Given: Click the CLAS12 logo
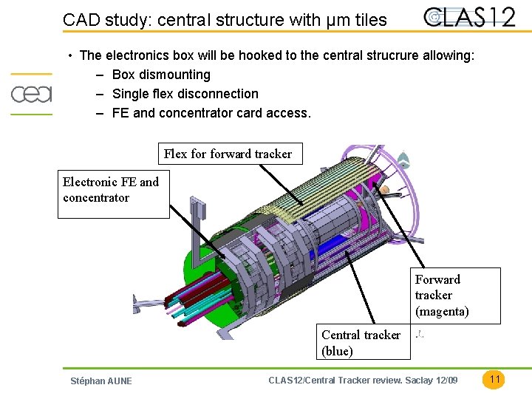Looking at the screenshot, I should click(x=470, y=17).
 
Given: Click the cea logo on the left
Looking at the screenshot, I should click(x=31, y=94).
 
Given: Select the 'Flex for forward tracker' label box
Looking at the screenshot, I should click(x=228, y=154).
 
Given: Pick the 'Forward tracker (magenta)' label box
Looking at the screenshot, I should click(x=456, y=296).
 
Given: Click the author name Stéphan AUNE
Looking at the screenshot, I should click(x=100, y=381).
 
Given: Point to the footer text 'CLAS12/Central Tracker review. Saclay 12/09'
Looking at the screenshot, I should click(x=363, y=380).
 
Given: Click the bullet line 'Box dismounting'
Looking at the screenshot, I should click(x=161, y=75).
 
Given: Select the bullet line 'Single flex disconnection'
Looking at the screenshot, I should click(x=185, y=94).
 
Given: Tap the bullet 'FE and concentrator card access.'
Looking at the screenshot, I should click(x=211, y=113).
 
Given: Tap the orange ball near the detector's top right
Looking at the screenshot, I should click(x=383, y=190).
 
